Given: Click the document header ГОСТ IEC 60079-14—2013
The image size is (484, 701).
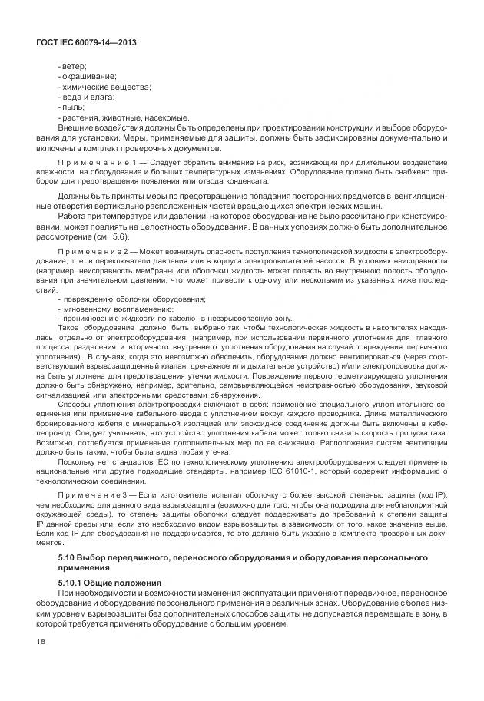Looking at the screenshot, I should pyautogui.click(x=73, y=43).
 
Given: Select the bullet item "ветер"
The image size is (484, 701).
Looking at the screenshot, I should pyautogui.click(x=73, y=66).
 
